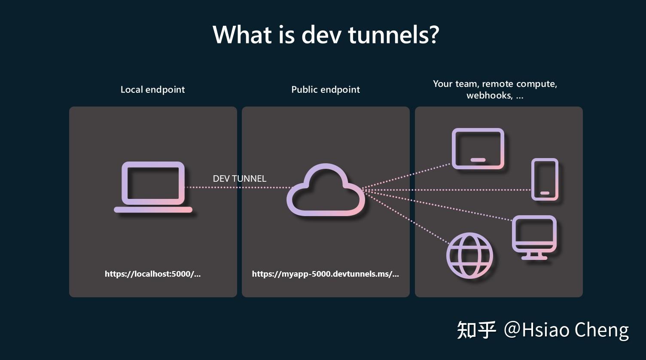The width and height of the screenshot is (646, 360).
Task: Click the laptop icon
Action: (153, 187)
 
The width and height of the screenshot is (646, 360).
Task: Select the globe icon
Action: (469, 256)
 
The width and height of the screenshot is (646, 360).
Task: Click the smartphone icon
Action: (545, 179)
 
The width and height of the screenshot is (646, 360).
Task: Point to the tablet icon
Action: (478, 149)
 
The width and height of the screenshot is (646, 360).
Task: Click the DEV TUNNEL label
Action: (239, 178)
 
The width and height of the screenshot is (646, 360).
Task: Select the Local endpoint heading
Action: (152, 89)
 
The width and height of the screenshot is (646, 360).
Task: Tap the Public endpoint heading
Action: (326, 89)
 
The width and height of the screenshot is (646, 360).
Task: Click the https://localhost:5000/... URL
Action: (152, 274)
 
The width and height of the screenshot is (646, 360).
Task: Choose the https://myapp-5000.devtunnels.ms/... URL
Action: (325, 274)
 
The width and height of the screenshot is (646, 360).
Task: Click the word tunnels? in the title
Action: (393, 34)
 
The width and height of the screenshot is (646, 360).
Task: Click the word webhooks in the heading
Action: (489, 95)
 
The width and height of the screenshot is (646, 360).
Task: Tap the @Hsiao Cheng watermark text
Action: (566, 330)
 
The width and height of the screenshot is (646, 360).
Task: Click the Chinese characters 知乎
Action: (476, 330)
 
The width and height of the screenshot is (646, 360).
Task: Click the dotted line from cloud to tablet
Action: (408, 176)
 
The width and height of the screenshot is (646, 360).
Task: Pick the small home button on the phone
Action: (545, 193)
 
